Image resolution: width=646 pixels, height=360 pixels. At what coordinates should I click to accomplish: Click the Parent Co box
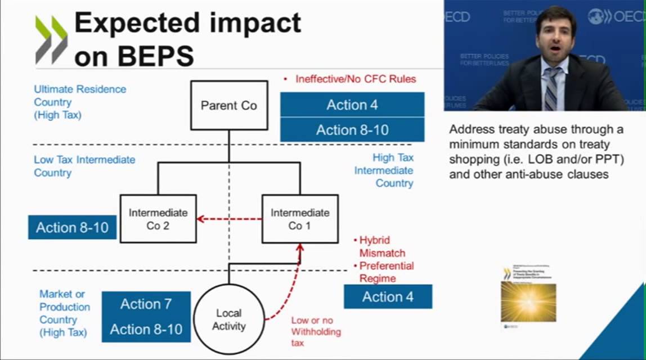228,106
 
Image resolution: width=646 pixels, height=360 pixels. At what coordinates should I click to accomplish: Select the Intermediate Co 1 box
300,219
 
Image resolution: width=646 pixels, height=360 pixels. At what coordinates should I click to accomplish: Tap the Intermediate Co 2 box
158,219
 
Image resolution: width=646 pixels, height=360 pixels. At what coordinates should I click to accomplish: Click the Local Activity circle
228,319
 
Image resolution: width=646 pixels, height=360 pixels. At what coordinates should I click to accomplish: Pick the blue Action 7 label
146,304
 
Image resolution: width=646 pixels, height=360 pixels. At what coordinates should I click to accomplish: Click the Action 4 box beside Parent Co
352,105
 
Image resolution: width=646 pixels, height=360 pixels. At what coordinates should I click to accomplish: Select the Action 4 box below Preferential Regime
387,296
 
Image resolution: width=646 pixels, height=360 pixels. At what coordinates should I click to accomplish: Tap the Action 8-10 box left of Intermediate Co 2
72,227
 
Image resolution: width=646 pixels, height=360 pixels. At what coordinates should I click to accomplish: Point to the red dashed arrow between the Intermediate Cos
230,219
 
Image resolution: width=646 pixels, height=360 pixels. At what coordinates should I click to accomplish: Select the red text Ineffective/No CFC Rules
355,79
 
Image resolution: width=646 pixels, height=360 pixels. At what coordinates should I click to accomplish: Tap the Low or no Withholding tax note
316,331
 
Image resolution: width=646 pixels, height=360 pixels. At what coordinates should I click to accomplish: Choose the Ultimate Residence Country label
80,102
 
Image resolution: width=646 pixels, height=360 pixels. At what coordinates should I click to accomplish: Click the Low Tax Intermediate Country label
84,166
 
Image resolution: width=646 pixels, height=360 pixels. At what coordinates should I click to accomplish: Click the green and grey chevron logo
51,39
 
